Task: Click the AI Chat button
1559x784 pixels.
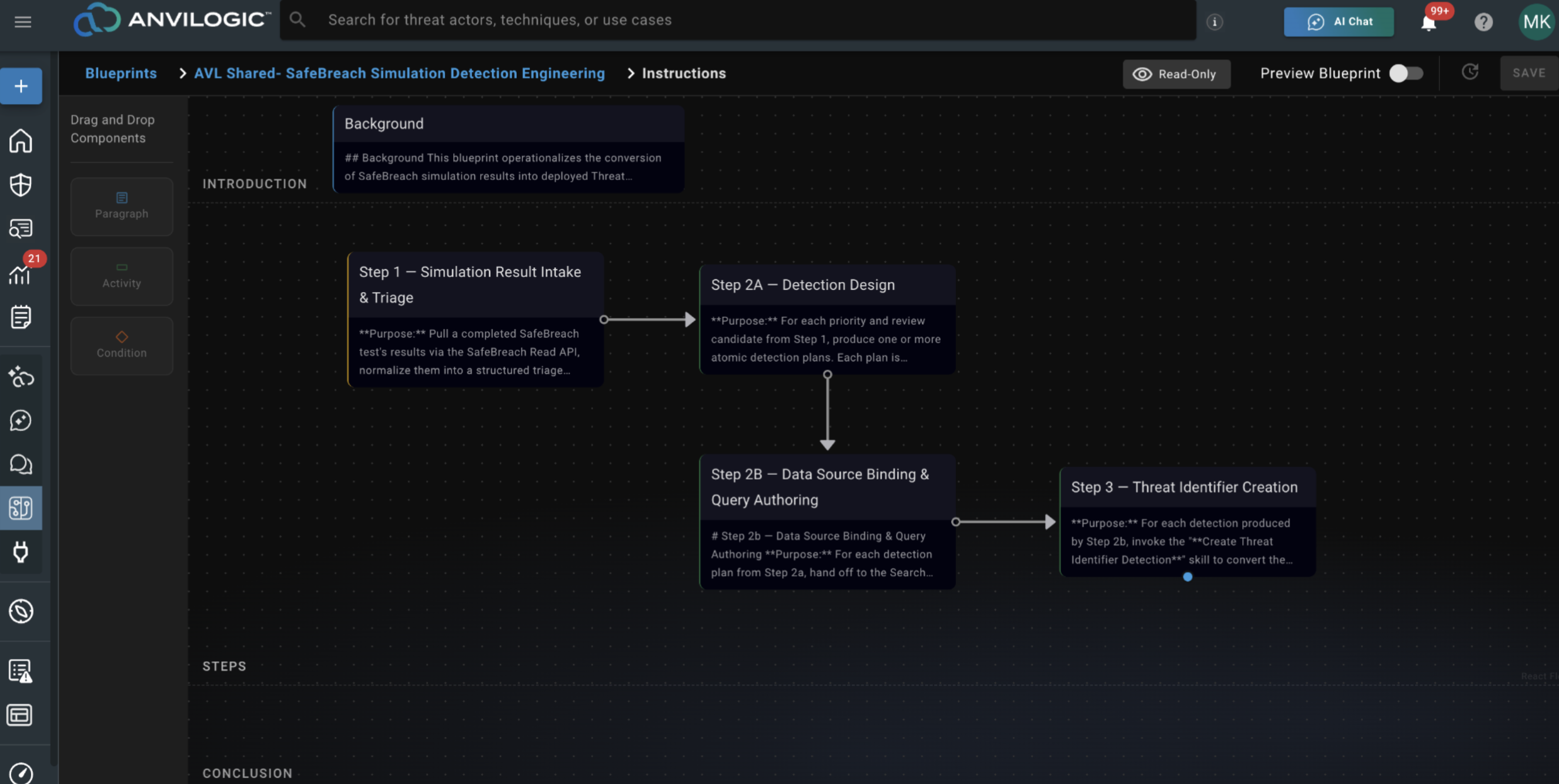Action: tap(1338, 22)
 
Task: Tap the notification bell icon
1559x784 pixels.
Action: tap(1428, 23)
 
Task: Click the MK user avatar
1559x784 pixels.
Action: tap(1537, 22)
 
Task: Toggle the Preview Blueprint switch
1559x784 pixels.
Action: tap(1406, 73)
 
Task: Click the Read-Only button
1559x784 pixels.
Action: tap(1176, 74)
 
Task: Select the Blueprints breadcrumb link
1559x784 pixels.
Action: tap(121, 73)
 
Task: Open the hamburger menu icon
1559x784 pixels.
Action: tap(23, 22)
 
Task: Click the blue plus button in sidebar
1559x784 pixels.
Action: tap(21, 86)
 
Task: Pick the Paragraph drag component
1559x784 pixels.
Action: tap(122, 206)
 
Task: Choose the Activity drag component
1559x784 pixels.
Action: tap(122, 276)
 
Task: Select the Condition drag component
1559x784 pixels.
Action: tap(122, 346)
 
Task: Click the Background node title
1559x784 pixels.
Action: tap(384, 123)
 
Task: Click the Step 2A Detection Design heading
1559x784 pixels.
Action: tap(802, 284)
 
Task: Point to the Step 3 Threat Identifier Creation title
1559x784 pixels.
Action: tap(1185, 487)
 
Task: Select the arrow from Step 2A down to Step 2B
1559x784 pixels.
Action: tap(827, 411)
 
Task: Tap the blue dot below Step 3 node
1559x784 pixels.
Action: tap(1187, 577)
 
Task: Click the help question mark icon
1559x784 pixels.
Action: tap(1483, 22)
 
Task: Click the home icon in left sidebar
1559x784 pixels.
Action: tap(21, 140)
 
